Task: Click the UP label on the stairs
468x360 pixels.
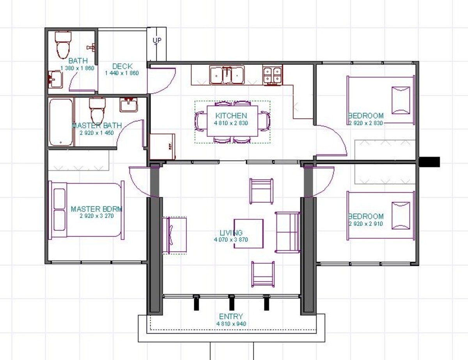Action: (x=157, y=40)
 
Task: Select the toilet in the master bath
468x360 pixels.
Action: (x=97, y=111)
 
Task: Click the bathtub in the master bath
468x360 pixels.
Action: (x=61, y=122)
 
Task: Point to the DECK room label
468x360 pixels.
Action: (x=122, y=66)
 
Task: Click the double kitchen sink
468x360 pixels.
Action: (x=227, y=75)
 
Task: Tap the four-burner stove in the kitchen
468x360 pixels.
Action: (x=273, y=75)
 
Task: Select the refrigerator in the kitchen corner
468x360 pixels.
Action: (x=162, y=146)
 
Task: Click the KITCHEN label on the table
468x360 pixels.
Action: (x=231, y=115)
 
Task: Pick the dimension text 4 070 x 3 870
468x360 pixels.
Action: (x=231, y=239)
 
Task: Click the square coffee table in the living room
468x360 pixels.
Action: (x=248, y=234)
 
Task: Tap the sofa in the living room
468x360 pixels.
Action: (x=287, y=232)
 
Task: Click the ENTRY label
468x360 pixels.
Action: (x=231, y=316)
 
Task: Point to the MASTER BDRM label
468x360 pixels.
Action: (x=96, y=209)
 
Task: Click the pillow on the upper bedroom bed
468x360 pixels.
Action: (x=401, y=100)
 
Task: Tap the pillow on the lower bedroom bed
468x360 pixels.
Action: (x=401, y=216)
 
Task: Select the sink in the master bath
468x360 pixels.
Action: (x=129, y=105)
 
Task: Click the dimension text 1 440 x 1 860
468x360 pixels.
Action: (x=122, y=73)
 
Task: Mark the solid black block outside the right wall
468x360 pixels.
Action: (x=429, y=162)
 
